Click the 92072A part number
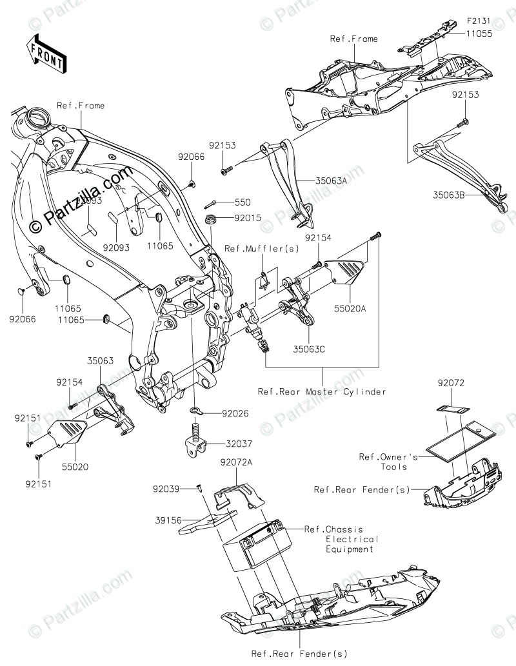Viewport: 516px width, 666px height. coord(237,462)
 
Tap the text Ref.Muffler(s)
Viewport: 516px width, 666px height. coord(252,248)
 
